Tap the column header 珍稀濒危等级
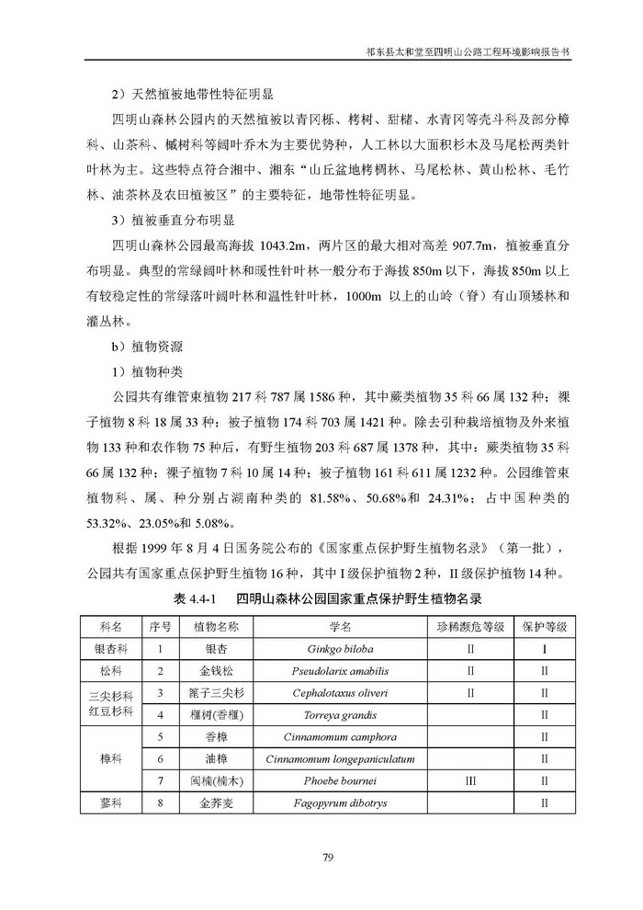[x=470, y=625]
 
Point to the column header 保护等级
[x=545, y=625]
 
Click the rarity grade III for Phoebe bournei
[x=470, y=781]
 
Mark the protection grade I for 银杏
[x=545, y=647]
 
